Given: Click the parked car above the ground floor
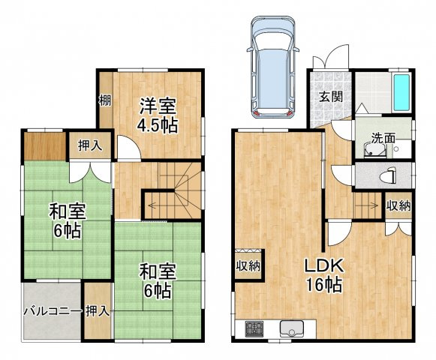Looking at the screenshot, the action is (272, 67).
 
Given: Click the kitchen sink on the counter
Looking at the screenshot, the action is (292, 328).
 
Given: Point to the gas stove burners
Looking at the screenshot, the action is (254, 328).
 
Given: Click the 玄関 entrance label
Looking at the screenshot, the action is (331, 97).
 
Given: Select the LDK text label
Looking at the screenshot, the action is (323, 265).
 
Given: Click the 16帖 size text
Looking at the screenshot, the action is (323, 284).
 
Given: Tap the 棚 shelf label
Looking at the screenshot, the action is (105, 100).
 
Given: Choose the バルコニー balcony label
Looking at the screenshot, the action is (53, 311).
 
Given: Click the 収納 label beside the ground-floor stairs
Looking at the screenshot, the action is (398, 205).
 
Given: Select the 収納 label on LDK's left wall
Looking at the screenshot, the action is (248, 266).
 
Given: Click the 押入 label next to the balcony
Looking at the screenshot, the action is (97, 311).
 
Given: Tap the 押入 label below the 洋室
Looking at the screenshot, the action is (89, 145).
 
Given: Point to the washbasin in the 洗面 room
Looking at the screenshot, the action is (374, 150).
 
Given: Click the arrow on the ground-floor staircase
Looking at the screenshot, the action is (367, 205).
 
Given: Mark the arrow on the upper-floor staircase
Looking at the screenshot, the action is (161, 205).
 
